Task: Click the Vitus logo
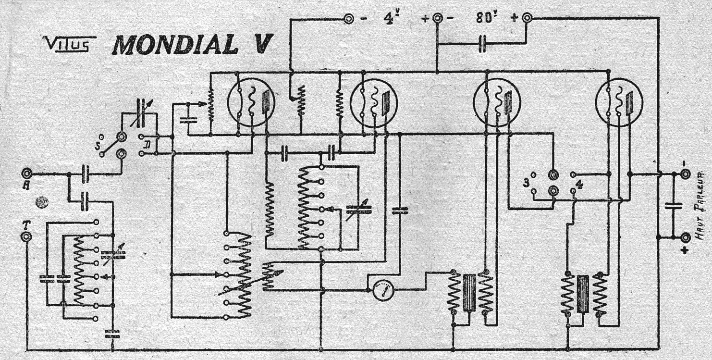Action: (x=69, y=45)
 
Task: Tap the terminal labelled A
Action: (x=26, y=173)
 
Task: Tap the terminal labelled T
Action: (x=26, y=236)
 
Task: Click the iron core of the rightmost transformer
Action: (x=583, y=294)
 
